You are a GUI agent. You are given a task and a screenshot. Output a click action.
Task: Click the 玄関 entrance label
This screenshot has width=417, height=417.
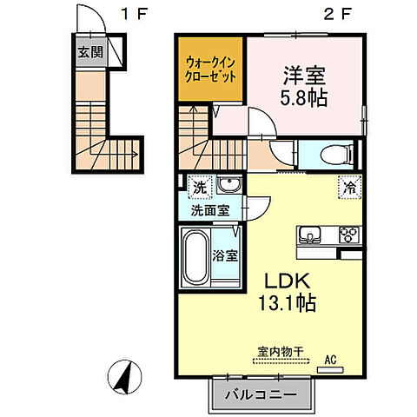[89, 52]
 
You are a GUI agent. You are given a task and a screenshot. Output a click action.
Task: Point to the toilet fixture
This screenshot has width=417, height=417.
[334, 155]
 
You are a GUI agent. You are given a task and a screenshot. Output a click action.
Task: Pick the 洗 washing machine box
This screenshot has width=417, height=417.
[199, 186]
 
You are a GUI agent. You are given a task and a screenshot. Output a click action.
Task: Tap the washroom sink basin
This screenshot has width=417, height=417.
[229, 186]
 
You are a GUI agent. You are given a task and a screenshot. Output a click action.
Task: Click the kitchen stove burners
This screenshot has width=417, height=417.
[349, 235]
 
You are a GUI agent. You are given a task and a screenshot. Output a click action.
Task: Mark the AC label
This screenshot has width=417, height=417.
[330, 356]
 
